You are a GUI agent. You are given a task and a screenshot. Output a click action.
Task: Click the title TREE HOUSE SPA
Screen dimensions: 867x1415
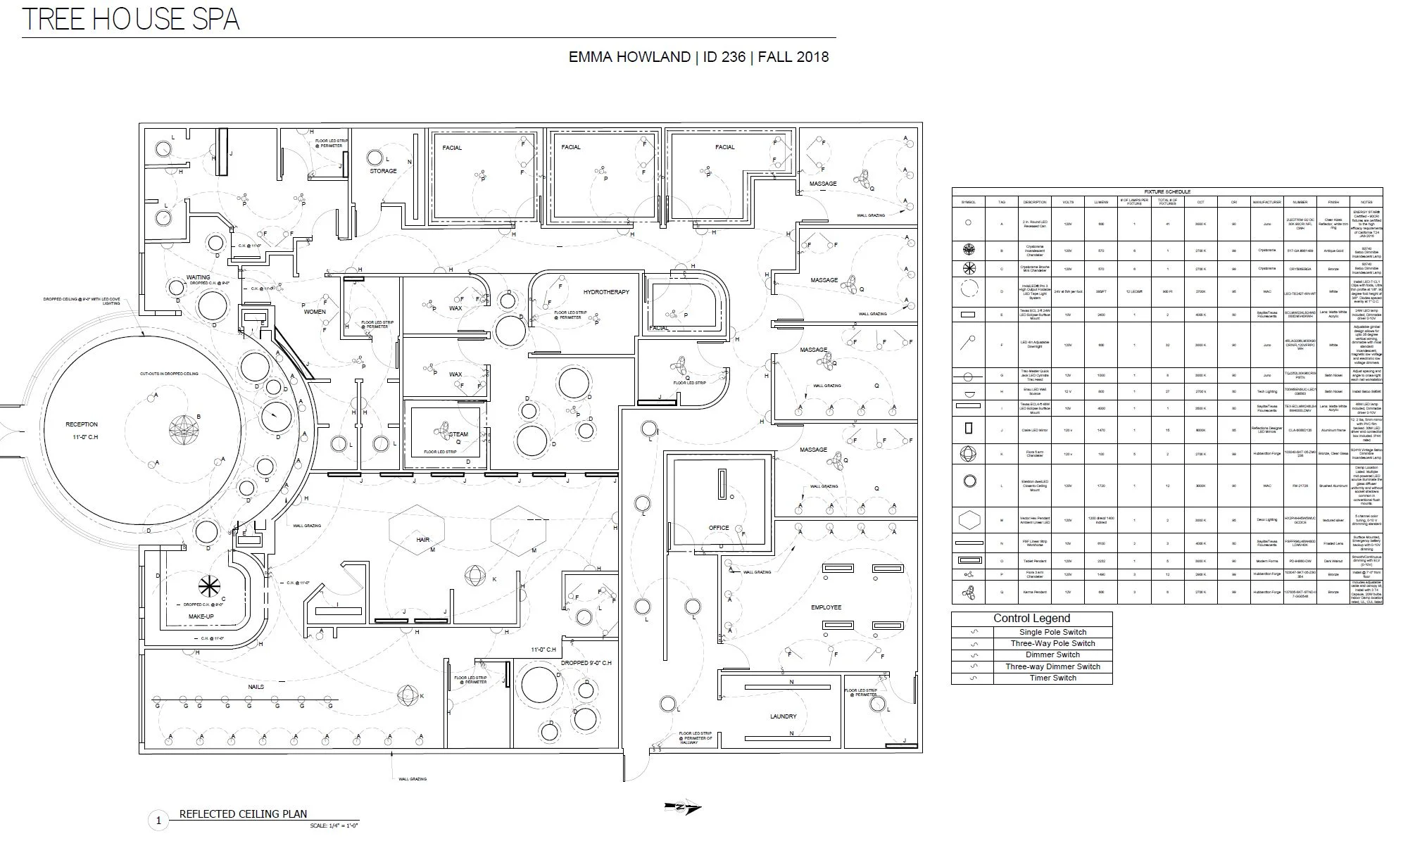tap(131, 19)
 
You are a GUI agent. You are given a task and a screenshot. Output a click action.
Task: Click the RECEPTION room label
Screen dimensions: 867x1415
tap(82, 424)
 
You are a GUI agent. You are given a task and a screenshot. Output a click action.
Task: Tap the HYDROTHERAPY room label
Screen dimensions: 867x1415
tap(605, 292)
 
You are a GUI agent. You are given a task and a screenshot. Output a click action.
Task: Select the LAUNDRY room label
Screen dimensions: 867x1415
tap(783, 716)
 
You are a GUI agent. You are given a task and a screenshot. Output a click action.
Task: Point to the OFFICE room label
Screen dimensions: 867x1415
tap(719, 528)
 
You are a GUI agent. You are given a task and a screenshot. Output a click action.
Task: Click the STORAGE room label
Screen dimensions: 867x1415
tap(383, 171)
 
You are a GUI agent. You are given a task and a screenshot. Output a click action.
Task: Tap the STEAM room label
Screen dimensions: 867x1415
tap(458, 434)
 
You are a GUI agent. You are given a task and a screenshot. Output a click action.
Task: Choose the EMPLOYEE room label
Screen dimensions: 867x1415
tap(826, 607)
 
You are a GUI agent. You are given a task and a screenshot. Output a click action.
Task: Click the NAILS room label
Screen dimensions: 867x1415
tap(256, 687)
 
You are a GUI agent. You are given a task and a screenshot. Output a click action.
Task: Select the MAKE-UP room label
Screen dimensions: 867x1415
tap(201, 616)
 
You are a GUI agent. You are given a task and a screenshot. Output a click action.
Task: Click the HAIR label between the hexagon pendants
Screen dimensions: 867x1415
tap(422, 540)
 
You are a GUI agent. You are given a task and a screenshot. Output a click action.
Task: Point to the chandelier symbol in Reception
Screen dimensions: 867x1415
tap(184, 427)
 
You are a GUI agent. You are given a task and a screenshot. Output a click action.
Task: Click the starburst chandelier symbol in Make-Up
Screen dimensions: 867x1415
tap(209, 586)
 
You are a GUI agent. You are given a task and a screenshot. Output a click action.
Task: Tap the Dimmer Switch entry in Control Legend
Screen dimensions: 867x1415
tap(1052, 654)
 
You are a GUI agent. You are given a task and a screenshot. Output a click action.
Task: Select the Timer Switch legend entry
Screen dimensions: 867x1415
tap(1053, 678)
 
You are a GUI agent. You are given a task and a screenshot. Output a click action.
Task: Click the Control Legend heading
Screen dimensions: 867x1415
tap(1031, 619)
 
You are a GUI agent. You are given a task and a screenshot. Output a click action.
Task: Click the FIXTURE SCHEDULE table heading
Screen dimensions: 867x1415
tap(1166, 191)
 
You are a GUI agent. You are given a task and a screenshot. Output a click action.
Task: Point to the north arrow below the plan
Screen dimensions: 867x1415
tap(683, 808)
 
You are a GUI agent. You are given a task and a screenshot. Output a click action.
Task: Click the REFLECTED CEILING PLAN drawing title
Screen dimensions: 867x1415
tap(243, 814)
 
